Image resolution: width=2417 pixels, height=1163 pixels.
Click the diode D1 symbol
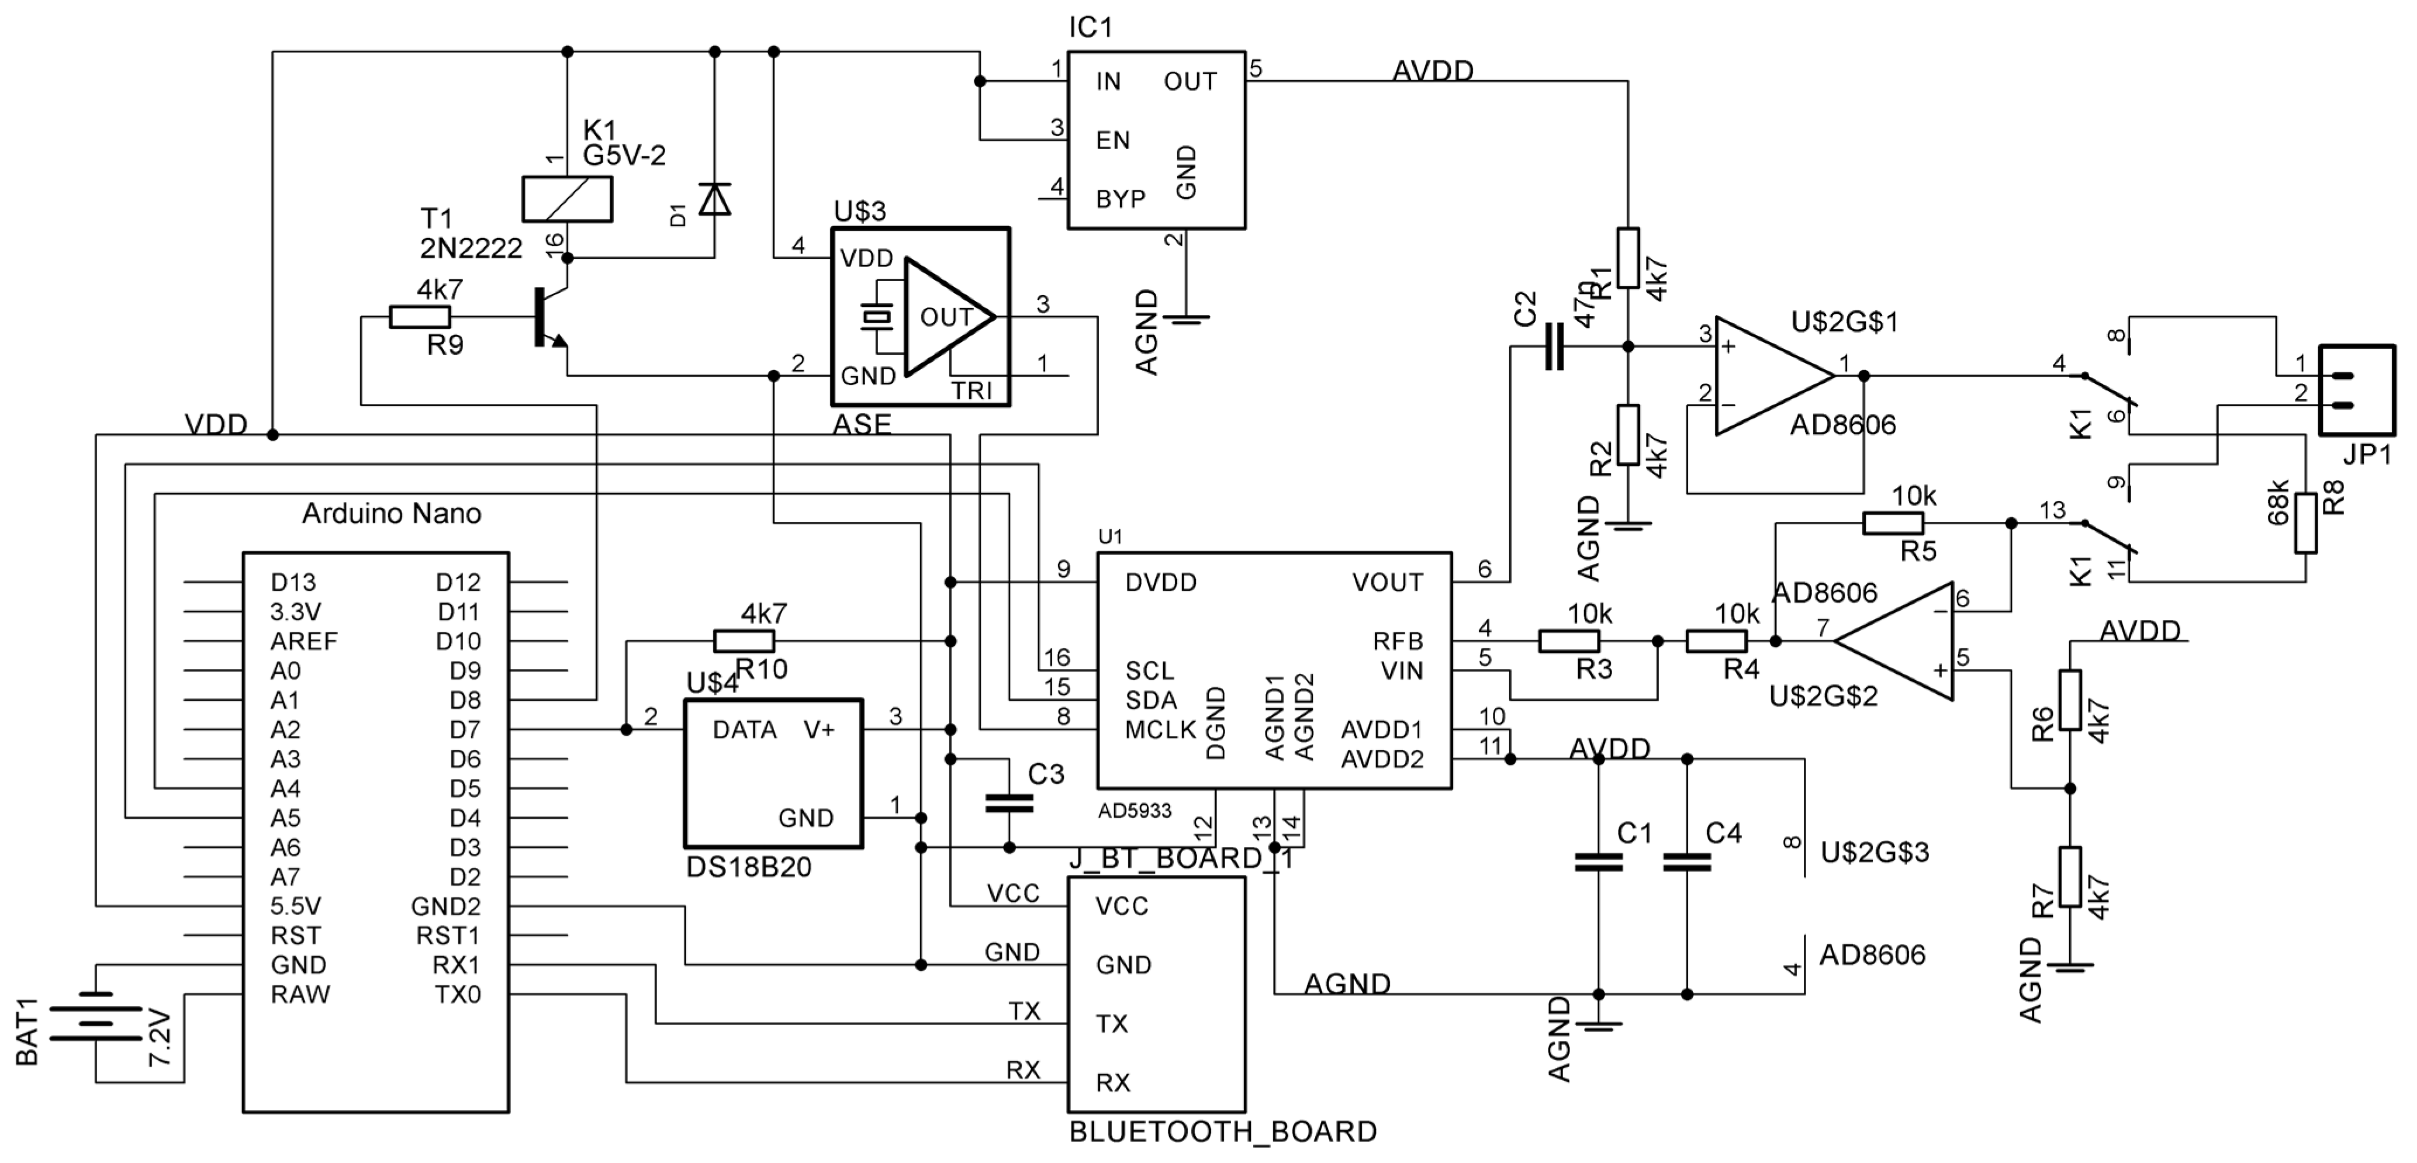(715, 199)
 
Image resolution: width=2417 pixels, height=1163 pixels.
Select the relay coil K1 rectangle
(567, 199)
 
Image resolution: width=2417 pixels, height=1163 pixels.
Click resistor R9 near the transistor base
(420, 317)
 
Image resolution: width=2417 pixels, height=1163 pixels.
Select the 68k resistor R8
(2305, 524)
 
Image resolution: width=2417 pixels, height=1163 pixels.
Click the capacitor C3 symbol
(1009, 803)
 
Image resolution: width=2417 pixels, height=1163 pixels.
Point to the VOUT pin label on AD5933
(1386, 583)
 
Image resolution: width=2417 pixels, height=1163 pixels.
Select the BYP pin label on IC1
(1121, 199)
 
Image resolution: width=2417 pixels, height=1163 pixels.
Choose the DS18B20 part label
(749, 867)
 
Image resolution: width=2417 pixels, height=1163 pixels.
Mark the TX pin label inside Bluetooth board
(1112, 1023)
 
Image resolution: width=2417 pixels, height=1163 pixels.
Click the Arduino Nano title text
(391, 513)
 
